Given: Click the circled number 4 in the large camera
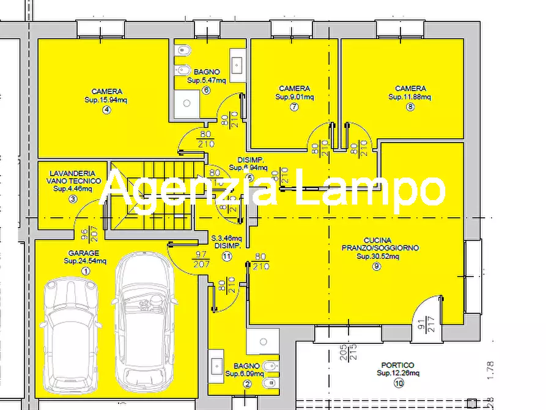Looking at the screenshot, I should click(x=106, y=110).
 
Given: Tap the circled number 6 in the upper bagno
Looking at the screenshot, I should click(x=205, y=91).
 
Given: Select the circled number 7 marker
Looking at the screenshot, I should click(x=294, y=107).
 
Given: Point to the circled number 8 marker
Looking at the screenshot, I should click(x=410, y=107).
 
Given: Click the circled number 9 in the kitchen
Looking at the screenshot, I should click(x=376, y=266).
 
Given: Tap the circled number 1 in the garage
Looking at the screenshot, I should click(x=85, y=271).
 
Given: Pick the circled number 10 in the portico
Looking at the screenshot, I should click(x=399, y=384).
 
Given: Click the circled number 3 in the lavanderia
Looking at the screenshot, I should click(x=73, y=199).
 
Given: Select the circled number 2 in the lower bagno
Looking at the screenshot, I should click(x=247, y=384).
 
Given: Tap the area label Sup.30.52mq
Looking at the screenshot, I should click(x=378, y=256).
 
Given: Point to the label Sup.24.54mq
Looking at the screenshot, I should click(x=85, y=261).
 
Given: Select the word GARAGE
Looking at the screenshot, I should click(x=84, y=253).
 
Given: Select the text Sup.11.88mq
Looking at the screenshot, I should click(x=410, y=97).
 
